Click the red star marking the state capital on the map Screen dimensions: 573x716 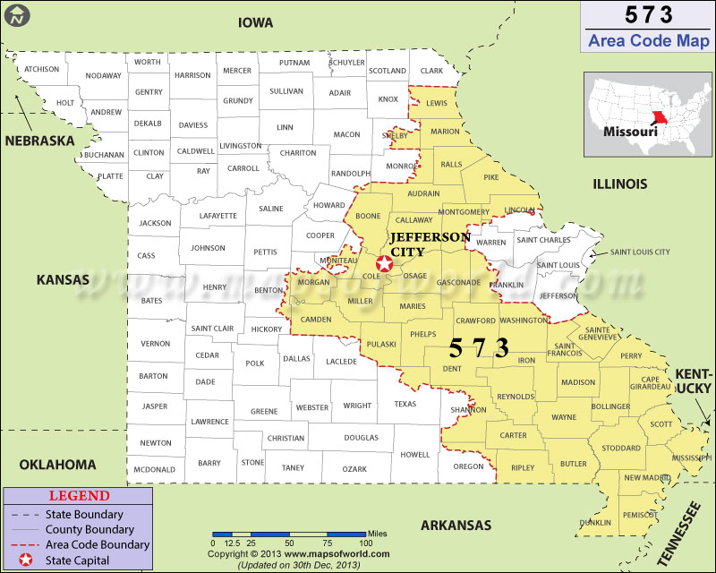coord(385,263)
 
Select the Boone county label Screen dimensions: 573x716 coord(368,216)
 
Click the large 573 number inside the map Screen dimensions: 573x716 coord(479,348)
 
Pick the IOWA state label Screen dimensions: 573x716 coord(255,22)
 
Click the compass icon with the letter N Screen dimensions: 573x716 coord(17,15)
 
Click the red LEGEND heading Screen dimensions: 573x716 coord(79,496)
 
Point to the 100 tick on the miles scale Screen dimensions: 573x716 coord(365,543)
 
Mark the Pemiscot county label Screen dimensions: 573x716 coord(640,515)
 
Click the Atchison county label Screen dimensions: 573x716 coord(41,69)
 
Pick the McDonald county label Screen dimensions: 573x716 coord(154,469)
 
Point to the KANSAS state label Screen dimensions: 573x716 coord(63,280)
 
